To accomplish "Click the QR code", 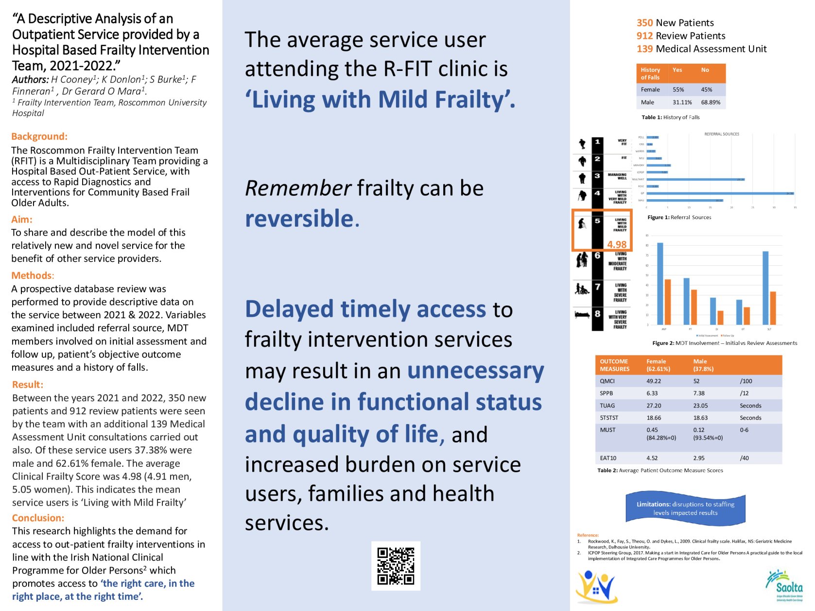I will tap(396, 566).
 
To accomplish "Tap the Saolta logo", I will tap(783, 586).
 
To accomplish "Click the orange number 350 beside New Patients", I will tap(644, 23).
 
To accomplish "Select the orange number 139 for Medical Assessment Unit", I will tap(644, 49).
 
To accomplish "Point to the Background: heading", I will tap(39, 136).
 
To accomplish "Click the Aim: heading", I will tap(22, 220).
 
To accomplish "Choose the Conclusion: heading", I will tap(38, 518).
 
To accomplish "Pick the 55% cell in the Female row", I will tap(678, 90).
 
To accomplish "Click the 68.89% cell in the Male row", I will tap(711, 102).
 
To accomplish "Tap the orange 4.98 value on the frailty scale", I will tap(617, 244).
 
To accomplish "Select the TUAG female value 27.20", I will tap(654, 406).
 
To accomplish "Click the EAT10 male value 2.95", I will tap(699, 458).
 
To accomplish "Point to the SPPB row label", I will tap(606, 393).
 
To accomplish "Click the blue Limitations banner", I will tap(685, 509).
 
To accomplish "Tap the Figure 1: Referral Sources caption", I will tap(679, 218).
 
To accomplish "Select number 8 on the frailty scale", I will tap(597, 314).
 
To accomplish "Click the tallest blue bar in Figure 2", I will tap(660, 284).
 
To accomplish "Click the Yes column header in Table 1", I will tap(677, 70).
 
